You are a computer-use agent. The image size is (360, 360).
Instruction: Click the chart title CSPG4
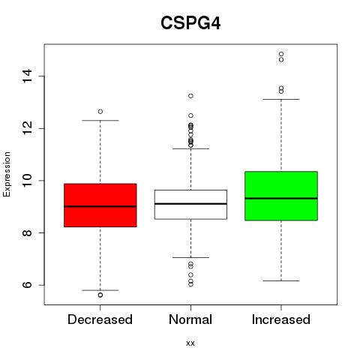pos(190,23)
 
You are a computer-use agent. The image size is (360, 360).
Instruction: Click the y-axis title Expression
pos(7,174)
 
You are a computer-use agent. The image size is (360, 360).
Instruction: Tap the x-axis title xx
pos(190,343)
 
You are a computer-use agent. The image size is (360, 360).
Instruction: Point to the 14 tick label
pos(27,76)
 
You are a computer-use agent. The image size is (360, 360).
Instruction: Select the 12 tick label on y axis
pos(27,128)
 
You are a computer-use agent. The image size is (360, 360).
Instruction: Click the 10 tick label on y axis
pos(27,181)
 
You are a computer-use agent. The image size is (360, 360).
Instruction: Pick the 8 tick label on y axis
pos(27,232)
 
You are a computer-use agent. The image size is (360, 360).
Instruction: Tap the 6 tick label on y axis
pos(27,285)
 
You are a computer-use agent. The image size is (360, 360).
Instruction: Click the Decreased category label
pos(100,319)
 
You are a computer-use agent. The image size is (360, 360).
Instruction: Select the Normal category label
pos(190,319)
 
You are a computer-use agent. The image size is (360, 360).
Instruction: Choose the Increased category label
pos(281,319)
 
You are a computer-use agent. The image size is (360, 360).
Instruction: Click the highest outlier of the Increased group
pos(281,54)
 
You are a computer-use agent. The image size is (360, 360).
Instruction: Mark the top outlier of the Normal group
pos(190,96)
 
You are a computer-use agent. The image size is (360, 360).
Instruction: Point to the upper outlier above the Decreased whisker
pos(100,112)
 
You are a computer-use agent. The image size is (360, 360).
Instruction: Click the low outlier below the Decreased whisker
pos(100,295)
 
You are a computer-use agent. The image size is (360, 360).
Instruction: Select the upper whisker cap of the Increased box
pos(281,99)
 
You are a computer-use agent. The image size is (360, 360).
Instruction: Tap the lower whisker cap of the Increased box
pos(281,280)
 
